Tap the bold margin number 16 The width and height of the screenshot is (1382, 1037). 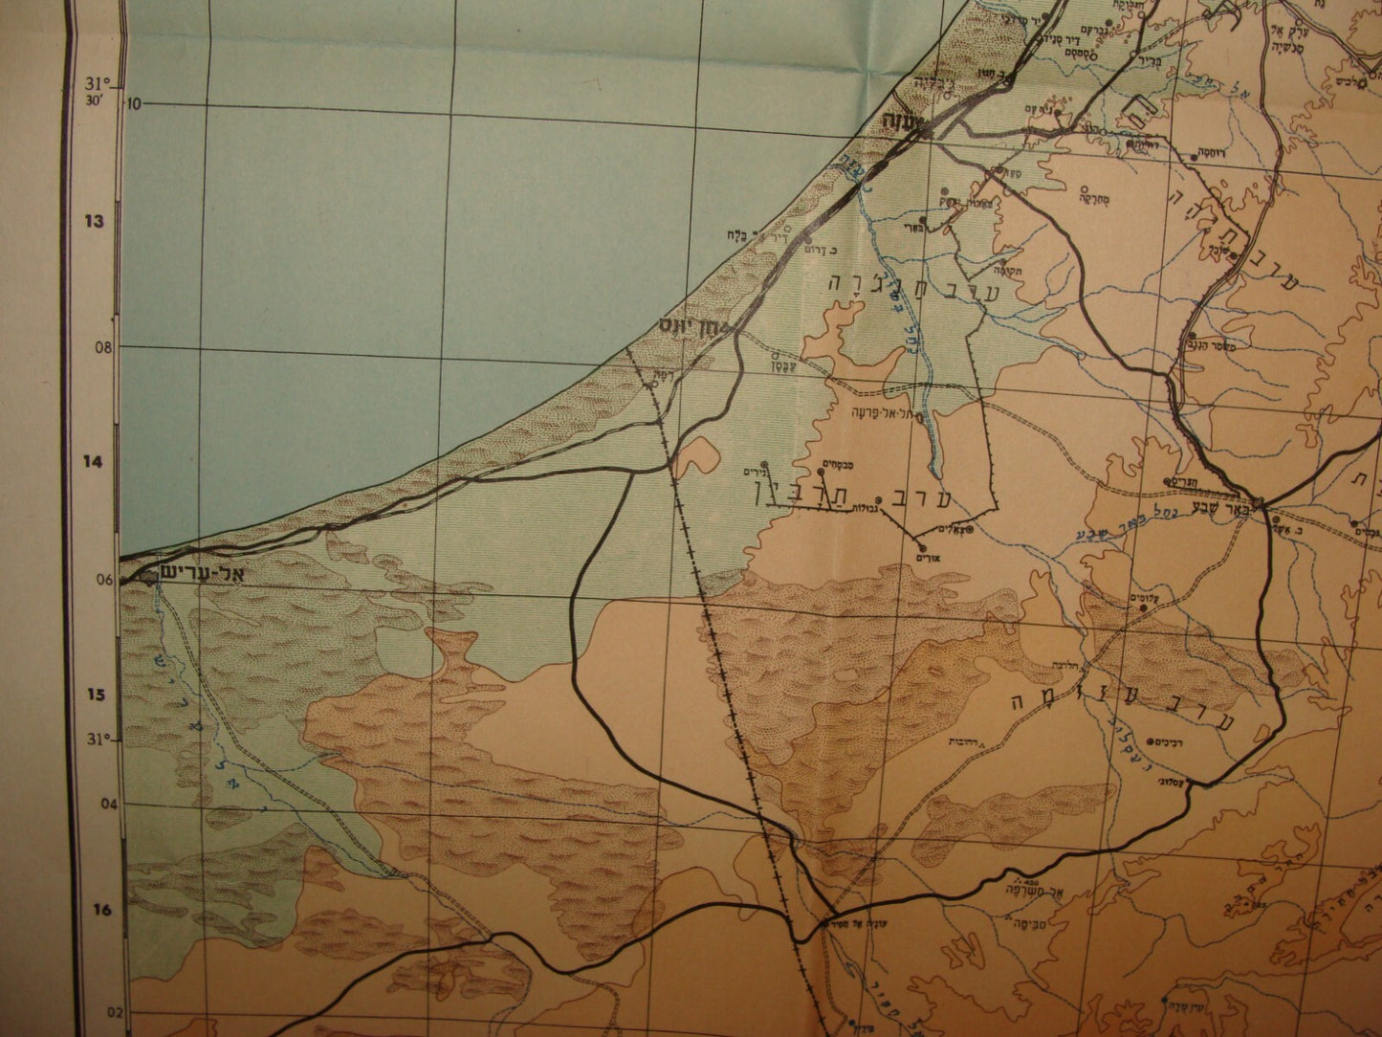pyautogui.click(x=102, y=911)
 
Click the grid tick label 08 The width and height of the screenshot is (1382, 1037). pyautogui.click(x=103, y=348)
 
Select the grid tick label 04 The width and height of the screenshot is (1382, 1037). pyautogui.click(x=108, y=805)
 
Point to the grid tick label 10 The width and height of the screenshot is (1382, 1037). pyautogui.click(x=133, y=102)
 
